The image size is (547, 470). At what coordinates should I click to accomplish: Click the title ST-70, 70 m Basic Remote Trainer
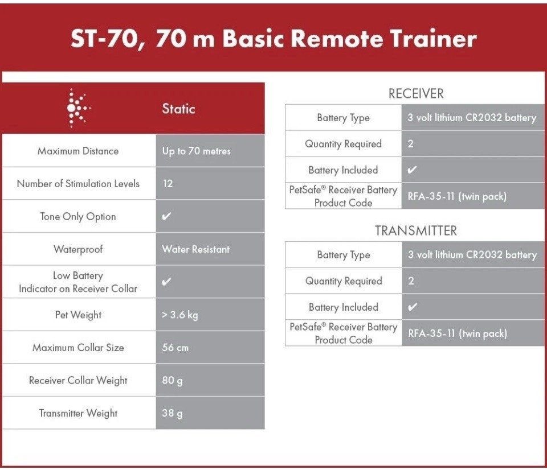(x=273, y=39)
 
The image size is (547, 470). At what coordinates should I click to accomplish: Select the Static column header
(x=178, y=109)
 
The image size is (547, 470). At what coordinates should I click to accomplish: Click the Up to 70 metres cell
(x=197, y=151)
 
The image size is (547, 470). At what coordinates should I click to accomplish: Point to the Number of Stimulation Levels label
(x=78, y=184)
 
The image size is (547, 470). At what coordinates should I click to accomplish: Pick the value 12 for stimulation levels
(x=168, y=184)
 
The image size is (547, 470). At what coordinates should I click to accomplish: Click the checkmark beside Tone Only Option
(x=166, y=217)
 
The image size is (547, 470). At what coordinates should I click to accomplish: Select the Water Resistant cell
(x=195, y=249)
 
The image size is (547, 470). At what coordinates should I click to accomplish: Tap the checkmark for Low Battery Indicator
(x=166, y=282)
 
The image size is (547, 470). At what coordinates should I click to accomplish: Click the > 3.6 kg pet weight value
(x=180, y=315)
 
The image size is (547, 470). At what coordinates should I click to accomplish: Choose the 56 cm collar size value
(x=175, y=348)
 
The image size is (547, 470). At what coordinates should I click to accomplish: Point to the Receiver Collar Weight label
(x=78, y=381)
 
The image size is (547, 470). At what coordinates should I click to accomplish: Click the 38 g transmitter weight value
(x=172, y=413)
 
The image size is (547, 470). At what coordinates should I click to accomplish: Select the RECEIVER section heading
(x=416, y=94)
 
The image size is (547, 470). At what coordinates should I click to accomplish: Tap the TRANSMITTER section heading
(x=416, y=231)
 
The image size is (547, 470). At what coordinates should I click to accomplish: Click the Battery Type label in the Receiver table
(x=343, y=118)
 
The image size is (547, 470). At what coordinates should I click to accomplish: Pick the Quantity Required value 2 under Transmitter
(x=411, y=281)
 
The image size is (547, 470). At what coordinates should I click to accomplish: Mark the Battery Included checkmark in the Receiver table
(x=413, y=170)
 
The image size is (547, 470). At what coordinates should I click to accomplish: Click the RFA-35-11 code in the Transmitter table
(x=458, y=333)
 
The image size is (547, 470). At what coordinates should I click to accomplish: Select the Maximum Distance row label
(x=78, y=151)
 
